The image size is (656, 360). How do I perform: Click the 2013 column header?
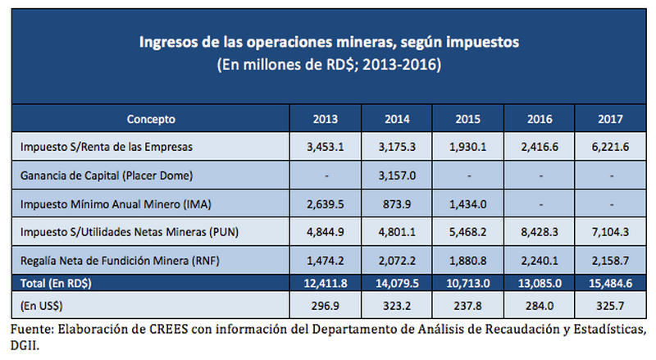point(326,118)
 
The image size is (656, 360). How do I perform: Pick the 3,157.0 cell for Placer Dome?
point(397,175)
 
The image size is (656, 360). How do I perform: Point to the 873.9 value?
point(397,203)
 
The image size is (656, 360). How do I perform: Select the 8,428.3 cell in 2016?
point(539,230)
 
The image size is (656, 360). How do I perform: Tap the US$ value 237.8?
point(467,304)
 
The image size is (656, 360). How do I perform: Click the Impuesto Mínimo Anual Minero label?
point(110,203)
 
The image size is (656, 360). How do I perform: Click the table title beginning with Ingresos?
point(328,40)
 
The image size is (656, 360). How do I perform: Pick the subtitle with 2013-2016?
point(328,64)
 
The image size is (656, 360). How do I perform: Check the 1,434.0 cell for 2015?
point(467,203)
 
